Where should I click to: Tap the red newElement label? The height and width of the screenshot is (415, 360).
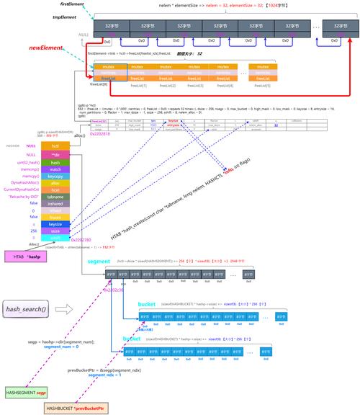45,48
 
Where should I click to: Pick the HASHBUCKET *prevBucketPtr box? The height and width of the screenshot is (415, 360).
76,409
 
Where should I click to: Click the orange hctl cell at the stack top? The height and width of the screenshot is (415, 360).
56,146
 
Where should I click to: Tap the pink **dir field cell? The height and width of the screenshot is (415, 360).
56,155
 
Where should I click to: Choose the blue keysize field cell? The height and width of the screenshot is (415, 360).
56,224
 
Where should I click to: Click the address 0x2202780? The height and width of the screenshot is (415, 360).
82,241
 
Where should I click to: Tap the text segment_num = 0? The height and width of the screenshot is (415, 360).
60,347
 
